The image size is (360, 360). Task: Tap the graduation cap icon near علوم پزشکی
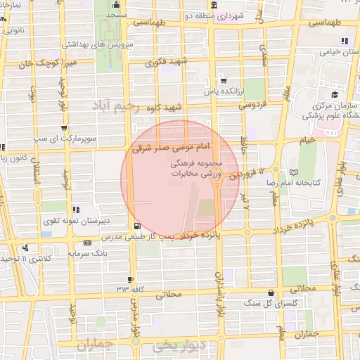click(335, 94)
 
